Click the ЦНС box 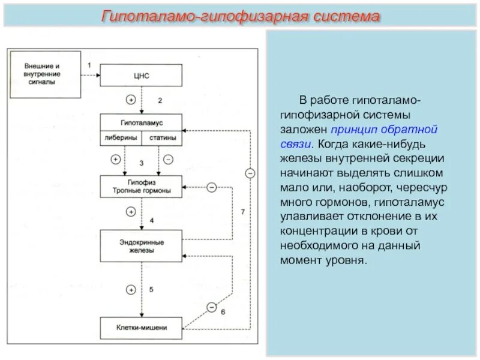[142, 76]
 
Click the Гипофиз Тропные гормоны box [142, 187]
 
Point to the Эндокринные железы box [142, 245]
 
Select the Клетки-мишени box [142, 328]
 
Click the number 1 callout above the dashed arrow [89, 64]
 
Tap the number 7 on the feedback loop [242, 212]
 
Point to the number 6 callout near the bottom [223, 311]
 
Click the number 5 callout [151, 290]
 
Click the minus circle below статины [168, 160]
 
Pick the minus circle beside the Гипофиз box [211, 187]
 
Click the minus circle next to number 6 [211, 307]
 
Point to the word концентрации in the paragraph [314, 231]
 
